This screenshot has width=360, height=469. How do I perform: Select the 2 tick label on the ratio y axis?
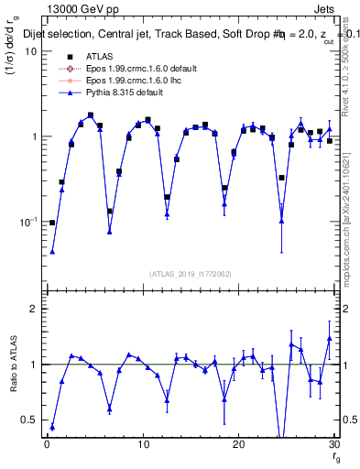point(33,309)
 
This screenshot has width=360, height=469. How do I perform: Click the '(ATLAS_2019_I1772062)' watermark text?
point(190,273)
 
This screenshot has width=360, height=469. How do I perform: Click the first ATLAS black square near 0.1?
point(52,223)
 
